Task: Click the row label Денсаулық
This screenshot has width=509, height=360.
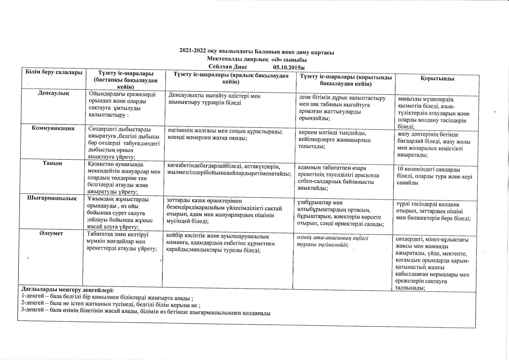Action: (54, 93)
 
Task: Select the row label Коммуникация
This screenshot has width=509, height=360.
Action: (53, 128)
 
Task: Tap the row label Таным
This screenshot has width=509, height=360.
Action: (52, 163)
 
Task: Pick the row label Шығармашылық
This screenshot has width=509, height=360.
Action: (52, 198)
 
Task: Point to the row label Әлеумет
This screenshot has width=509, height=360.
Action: (51, 233)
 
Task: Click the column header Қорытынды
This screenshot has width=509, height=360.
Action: (437, 78)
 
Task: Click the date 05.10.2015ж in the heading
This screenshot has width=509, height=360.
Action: (289, 67)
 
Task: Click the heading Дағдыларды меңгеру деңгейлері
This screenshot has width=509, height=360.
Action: (67, 290)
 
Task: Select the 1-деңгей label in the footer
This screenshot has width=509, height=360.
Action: (31, 296)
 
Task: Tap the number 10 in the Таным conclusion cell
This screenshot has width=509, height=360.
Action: (400, 169)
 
